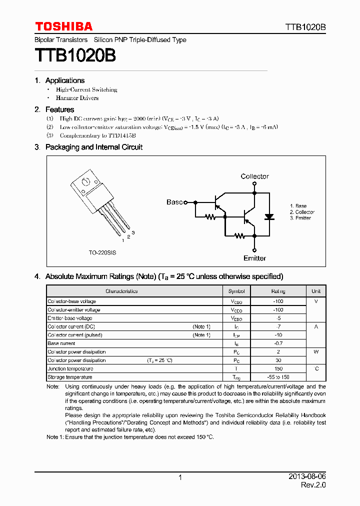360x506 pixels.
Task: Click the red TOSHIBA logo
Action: tap(63, 26)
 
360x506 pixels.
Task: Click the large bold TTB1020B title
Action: tap(75, 55)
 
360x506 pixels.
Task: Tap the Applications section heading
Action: tap(64, 80)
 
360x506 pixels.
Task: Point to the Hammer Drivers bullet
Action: tap(77, 98)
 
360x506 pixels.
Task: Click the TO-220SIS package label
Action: tap(102, 253)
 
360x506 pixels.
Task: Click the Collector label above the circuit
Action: tap(254, 176)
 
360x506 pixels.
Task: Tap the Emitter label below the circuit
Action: tap(254, 258)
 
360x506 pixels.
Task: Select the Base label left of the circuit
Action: tap(174, 202)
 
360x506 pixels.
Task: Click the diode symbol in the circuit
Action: tap(269, 217)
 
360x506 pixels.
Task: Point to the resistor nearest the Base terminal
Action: tap(210, 217)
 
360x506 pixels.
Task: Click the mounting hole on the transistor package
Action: tap(85, 181)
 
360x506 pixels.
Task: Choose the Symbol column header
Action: tap(236, 291)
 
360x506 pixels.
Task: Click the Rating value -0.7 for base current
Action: tap(278, 343)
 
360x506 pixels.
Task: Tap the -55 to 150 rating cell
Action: tap(278, 377)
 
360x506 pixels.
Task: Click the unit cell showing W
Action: tap(316, 351)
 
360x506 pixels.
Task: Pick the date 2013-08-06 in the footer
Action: tap(307, 477)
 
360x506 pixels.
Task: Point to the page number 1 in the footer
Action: tap(180, 477)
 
